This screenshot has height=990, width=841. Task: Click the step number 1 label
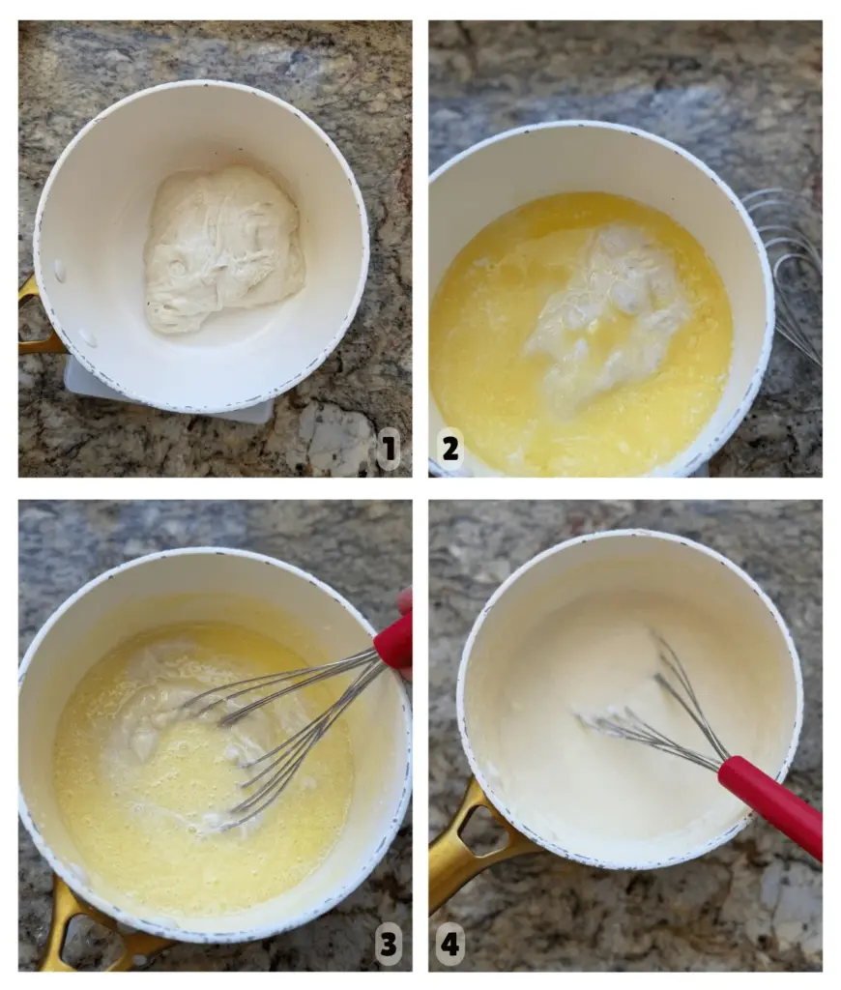389,449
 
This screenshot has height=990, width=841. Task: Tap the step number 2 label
450,449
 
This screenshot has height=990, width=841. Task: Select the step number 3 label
389,945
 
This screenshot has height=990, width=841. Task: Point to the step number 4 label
450,945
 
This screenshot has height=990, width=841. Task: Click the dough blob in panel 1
222,248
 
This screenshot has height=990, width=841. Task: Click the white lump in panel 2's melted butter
606,316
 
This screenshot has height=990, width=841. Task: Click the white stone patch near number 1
334,436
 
